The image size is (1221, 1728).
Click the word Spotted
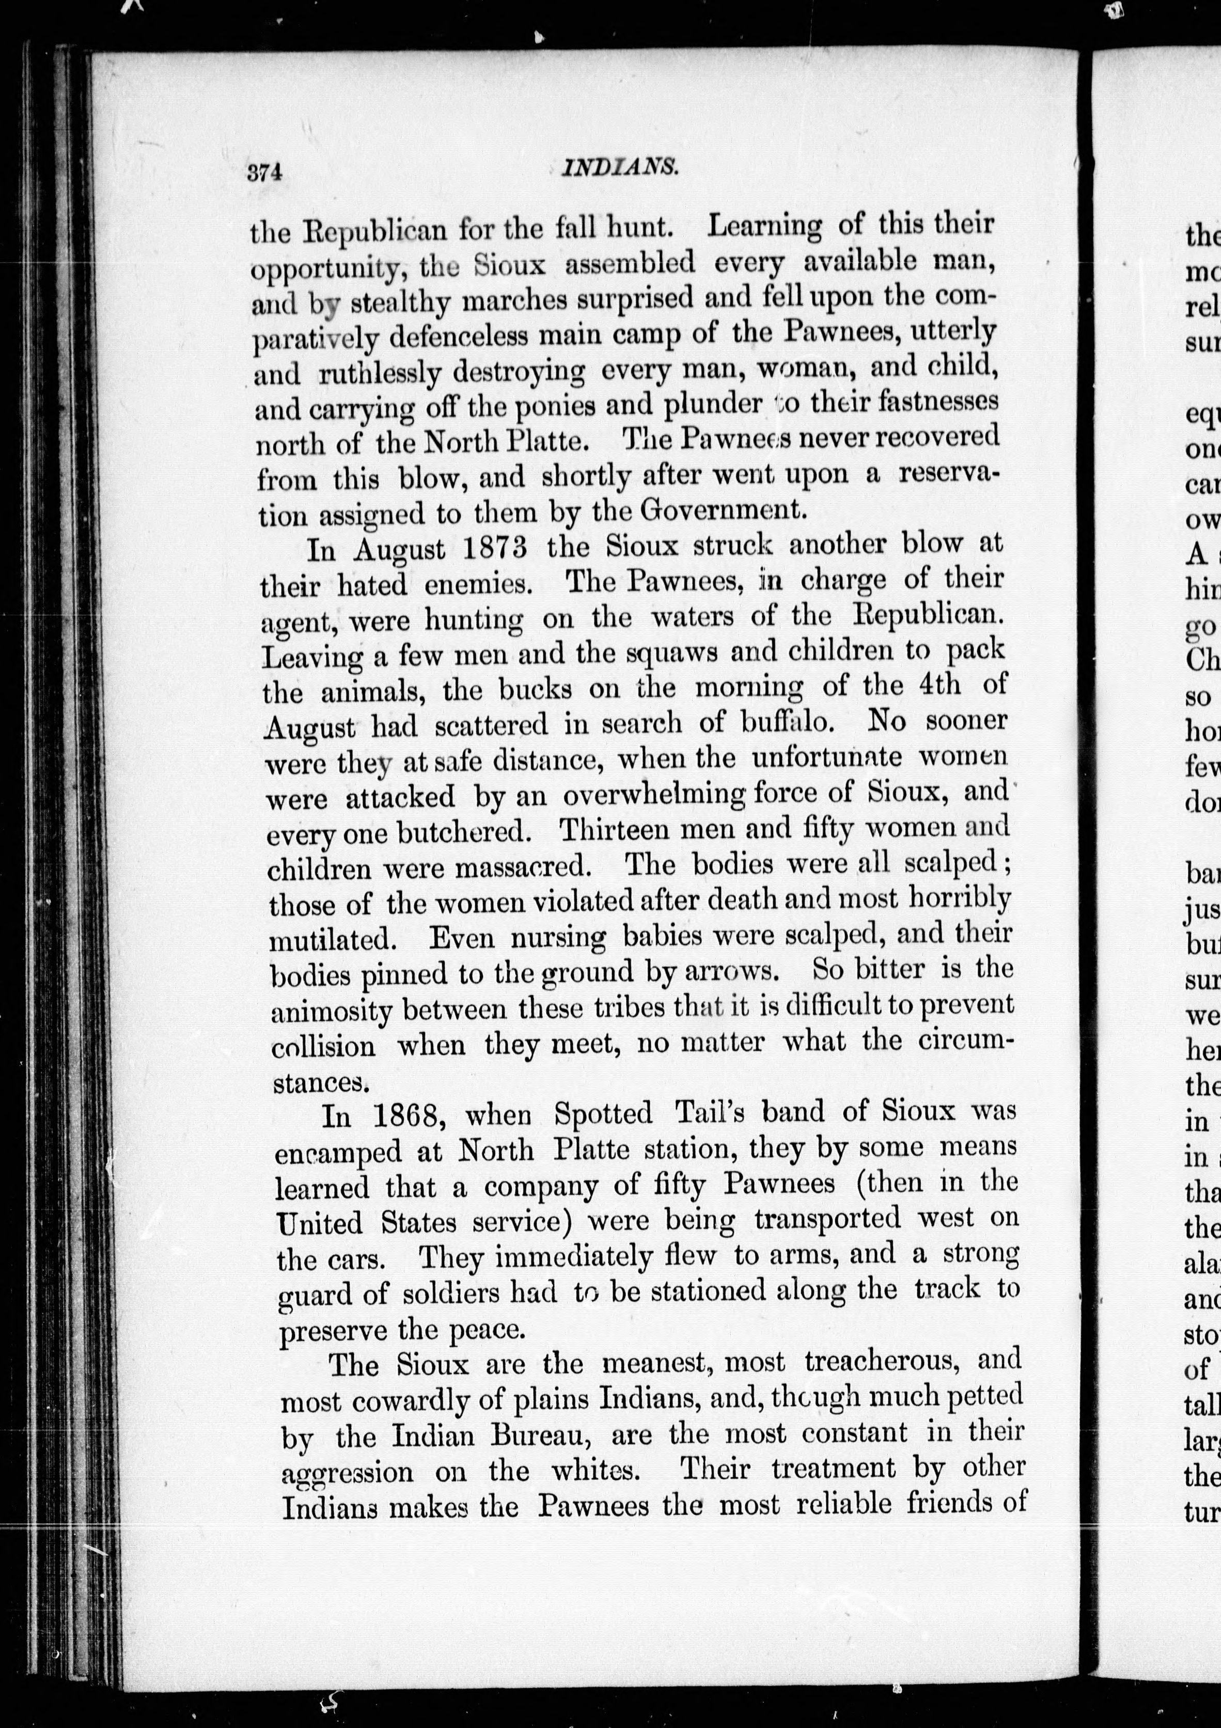coord(603,1113)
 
